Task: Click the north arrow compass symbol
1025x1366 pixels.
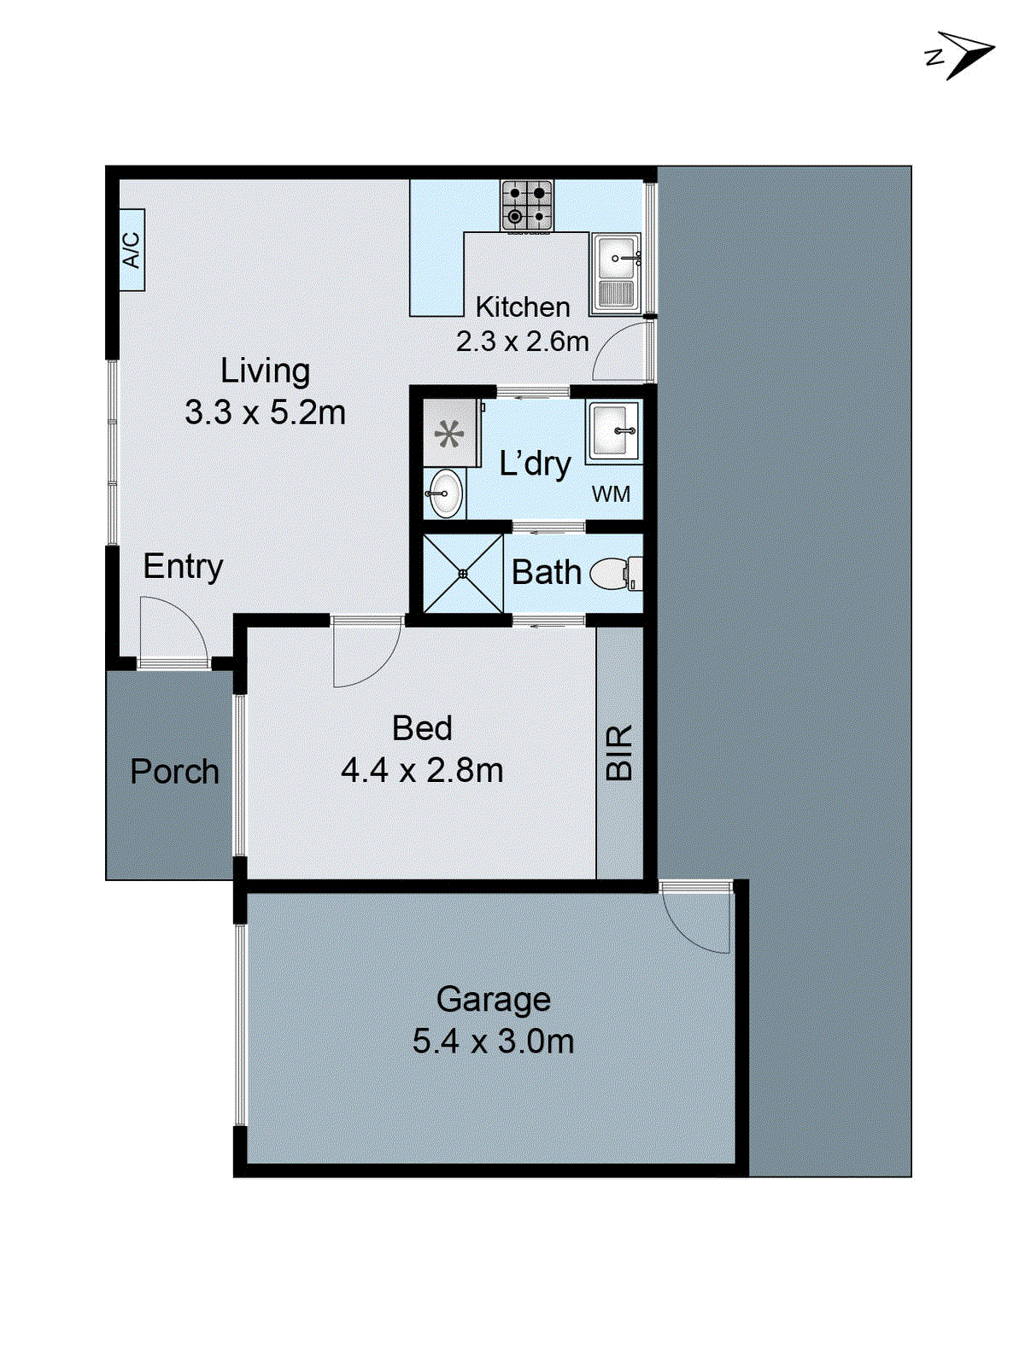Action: (x=963, y=55)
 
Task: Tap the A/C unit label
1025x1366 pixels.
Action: (x=132, y=249)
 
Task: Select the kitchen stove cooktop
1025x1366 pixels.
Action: (x=527, y=205)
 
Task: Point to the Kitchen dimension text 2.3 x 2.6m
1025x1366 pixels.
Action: (x=522, y=341)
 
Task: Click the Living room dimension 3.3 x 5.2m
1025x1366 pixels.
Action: (x=265, y=412)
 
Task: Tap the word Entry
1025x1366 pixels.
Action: (x=183, y=566)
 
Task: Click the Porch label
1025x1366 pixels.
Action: (x=174, y=772)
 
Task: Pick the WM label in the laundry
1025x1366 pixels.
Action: (x=611, y=493)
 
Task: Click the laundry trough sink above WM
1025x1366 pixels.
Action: (x=613, y=431)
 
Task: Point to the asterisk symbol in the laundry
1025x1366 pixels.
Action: (x=449, y=435)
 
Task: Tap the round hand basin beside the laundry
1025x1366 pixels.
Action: (x=444, y=493)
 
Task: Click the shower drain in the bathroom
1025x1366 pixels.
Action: (x=463, y=574)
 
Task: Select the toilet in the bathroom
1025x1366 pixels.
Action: (x=613, y=573)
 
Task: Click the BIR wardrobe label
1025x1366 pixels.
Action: (x=619, y=752)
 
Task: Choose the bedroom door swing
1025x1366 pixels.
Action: (x=364, y=653)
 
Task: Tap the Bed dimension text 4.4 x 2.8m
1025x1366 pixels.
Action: (x=422, y=770)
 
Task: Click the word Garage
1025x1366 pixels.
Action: (x=493, y=999)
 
